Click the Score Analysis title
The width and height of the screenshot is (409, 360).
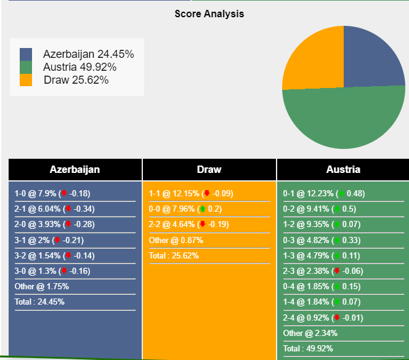pos(209,14)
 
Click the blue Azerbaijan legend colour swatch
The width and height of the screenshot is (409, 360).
pos(26,54)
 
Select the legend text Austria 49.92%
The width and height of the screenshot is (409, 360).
pos(79,67)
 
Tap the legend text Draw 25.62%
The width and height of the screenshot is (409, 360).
pos(76,80)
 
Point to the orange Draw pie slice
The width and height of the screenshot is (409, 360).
pos(311,58)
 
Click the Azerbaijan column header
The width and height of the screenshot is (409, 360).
pos(75,170)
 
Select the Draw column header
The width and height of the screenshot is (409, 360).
pos(209,170)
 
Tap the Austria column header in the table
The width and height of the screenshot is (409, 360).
pos(343,170)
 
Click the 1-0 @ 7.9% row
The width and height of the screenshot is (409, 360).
pos(52,193)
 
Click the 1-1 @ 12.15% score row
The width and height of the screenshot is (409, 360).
pos(190,193)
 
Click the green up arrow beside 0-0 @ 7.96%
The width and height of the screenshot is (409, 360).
pos(202,209)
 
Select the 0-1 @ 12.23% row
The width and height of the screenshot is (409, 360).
pos(323,193)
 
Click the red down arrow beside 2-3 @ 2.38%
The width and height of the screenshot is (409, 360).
pos(336,271)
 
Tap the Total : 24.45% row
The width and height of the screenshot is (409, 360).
pos(39,302)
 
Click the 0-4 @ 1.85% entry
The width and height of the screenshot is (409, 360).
pos(322,287)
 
